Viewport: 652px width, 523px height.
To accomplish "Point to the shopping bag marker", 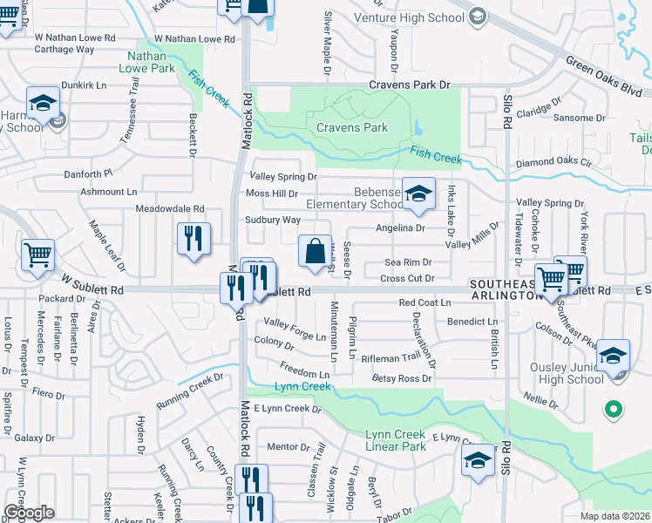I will (315, 251).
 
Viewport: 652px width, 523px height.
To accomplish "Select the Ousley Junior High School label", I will (567, 373).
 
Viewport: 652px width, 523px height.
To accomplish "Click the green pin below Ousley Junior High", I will (613, 408).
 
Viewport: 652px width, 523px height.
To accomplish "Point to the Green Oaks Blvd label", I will (603, 77).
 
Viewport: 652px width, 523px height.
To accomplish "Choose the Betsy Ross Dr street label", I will (402, 378).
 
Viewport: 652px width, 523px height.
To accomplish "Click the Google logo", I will (28, 512).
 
